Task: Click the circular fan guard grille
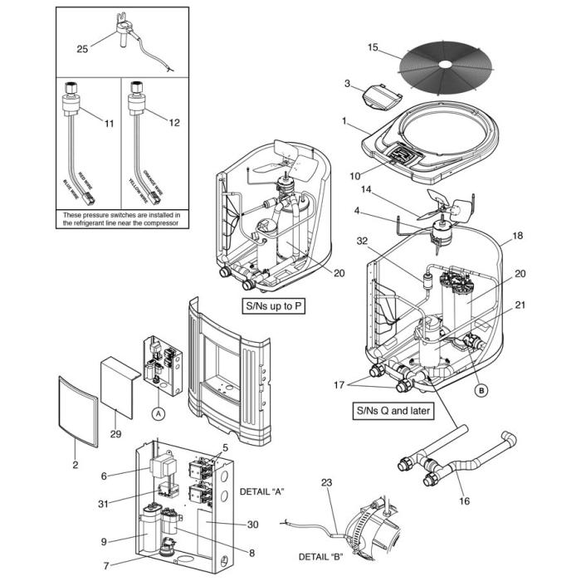click(x=447, y=64)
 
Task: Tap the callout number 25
click(x=81, y=49)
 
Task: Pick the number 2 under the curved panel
click(x=75, y=465)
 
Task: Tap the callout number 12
click(x=173, y=124)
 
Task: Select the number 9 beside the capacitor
click(x=104, y=541)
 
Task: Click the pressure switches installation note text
click(x=121, y=218)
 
